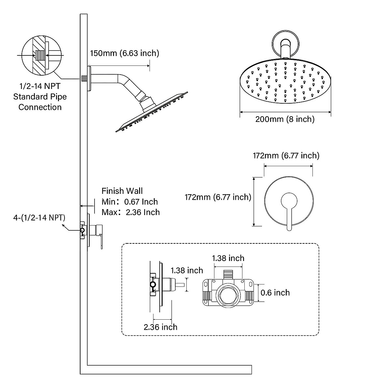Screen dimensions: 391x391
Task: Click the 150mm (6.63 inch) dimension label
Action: tap(124, 53)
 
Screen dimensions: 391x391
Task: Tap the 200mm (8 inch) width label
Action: tap(285, 119)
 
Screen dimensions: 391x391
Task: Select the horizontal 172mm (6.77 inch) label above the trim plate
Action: tap(286, 156)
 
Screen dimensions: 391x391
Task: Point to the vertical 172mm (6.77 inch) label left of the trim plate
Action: tap(218, 197)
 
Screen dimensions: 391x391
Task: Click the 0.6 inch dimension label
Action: tap(275, 293)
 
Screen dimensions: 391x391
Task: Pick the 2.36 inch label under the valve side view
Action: tap(160, 327)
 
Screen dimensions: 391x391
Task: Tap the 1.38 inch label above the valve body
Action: tap(228, 258)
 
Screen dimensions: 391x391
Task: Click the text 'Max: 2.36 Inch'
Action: tap(131, 212)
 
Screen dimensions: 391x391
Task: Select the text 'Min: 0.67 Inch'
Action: tap(130, 202)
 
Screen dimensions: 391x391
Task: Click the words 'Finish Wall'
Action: tap(122, 191)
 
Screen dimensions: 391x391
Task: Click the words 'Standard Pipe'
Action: tap(40, 97)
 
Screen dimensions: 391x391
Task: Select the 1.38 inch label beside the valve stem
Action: tap(187, 270)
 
